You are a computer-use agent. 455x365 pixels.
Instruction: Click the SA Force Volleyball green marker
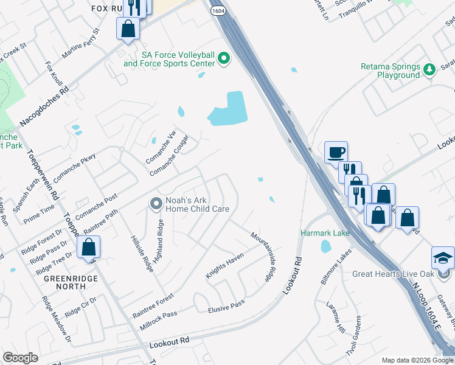coord(224,59)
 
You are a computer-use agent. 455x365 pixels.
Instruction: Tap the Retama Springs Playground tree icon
coord(429,69)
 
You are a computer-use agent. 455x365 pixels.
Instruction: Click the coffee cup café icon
coord(336,152)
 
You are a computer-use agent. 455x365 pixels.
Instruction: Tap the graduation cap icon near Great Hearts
coord(443,257)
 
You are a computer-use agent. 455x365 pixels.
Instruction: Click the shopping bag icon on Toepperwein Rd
coord(89,247)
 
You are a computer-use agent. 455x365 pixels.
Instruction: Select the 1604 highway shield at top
coord(218,10)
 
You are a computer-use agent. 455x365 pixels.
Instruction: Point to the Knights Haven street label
coord(224,266)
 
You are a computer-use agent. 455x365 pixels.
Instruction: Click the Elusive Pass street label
coord(226,306)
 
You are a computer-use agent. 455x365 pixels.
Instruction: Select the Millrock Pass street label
coord(159,315)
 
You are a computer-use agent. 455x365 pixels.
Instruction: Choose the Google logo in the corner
coord(20,358)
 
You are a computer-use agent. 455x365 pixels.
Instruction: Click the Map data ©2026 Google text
coord(417,360)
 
